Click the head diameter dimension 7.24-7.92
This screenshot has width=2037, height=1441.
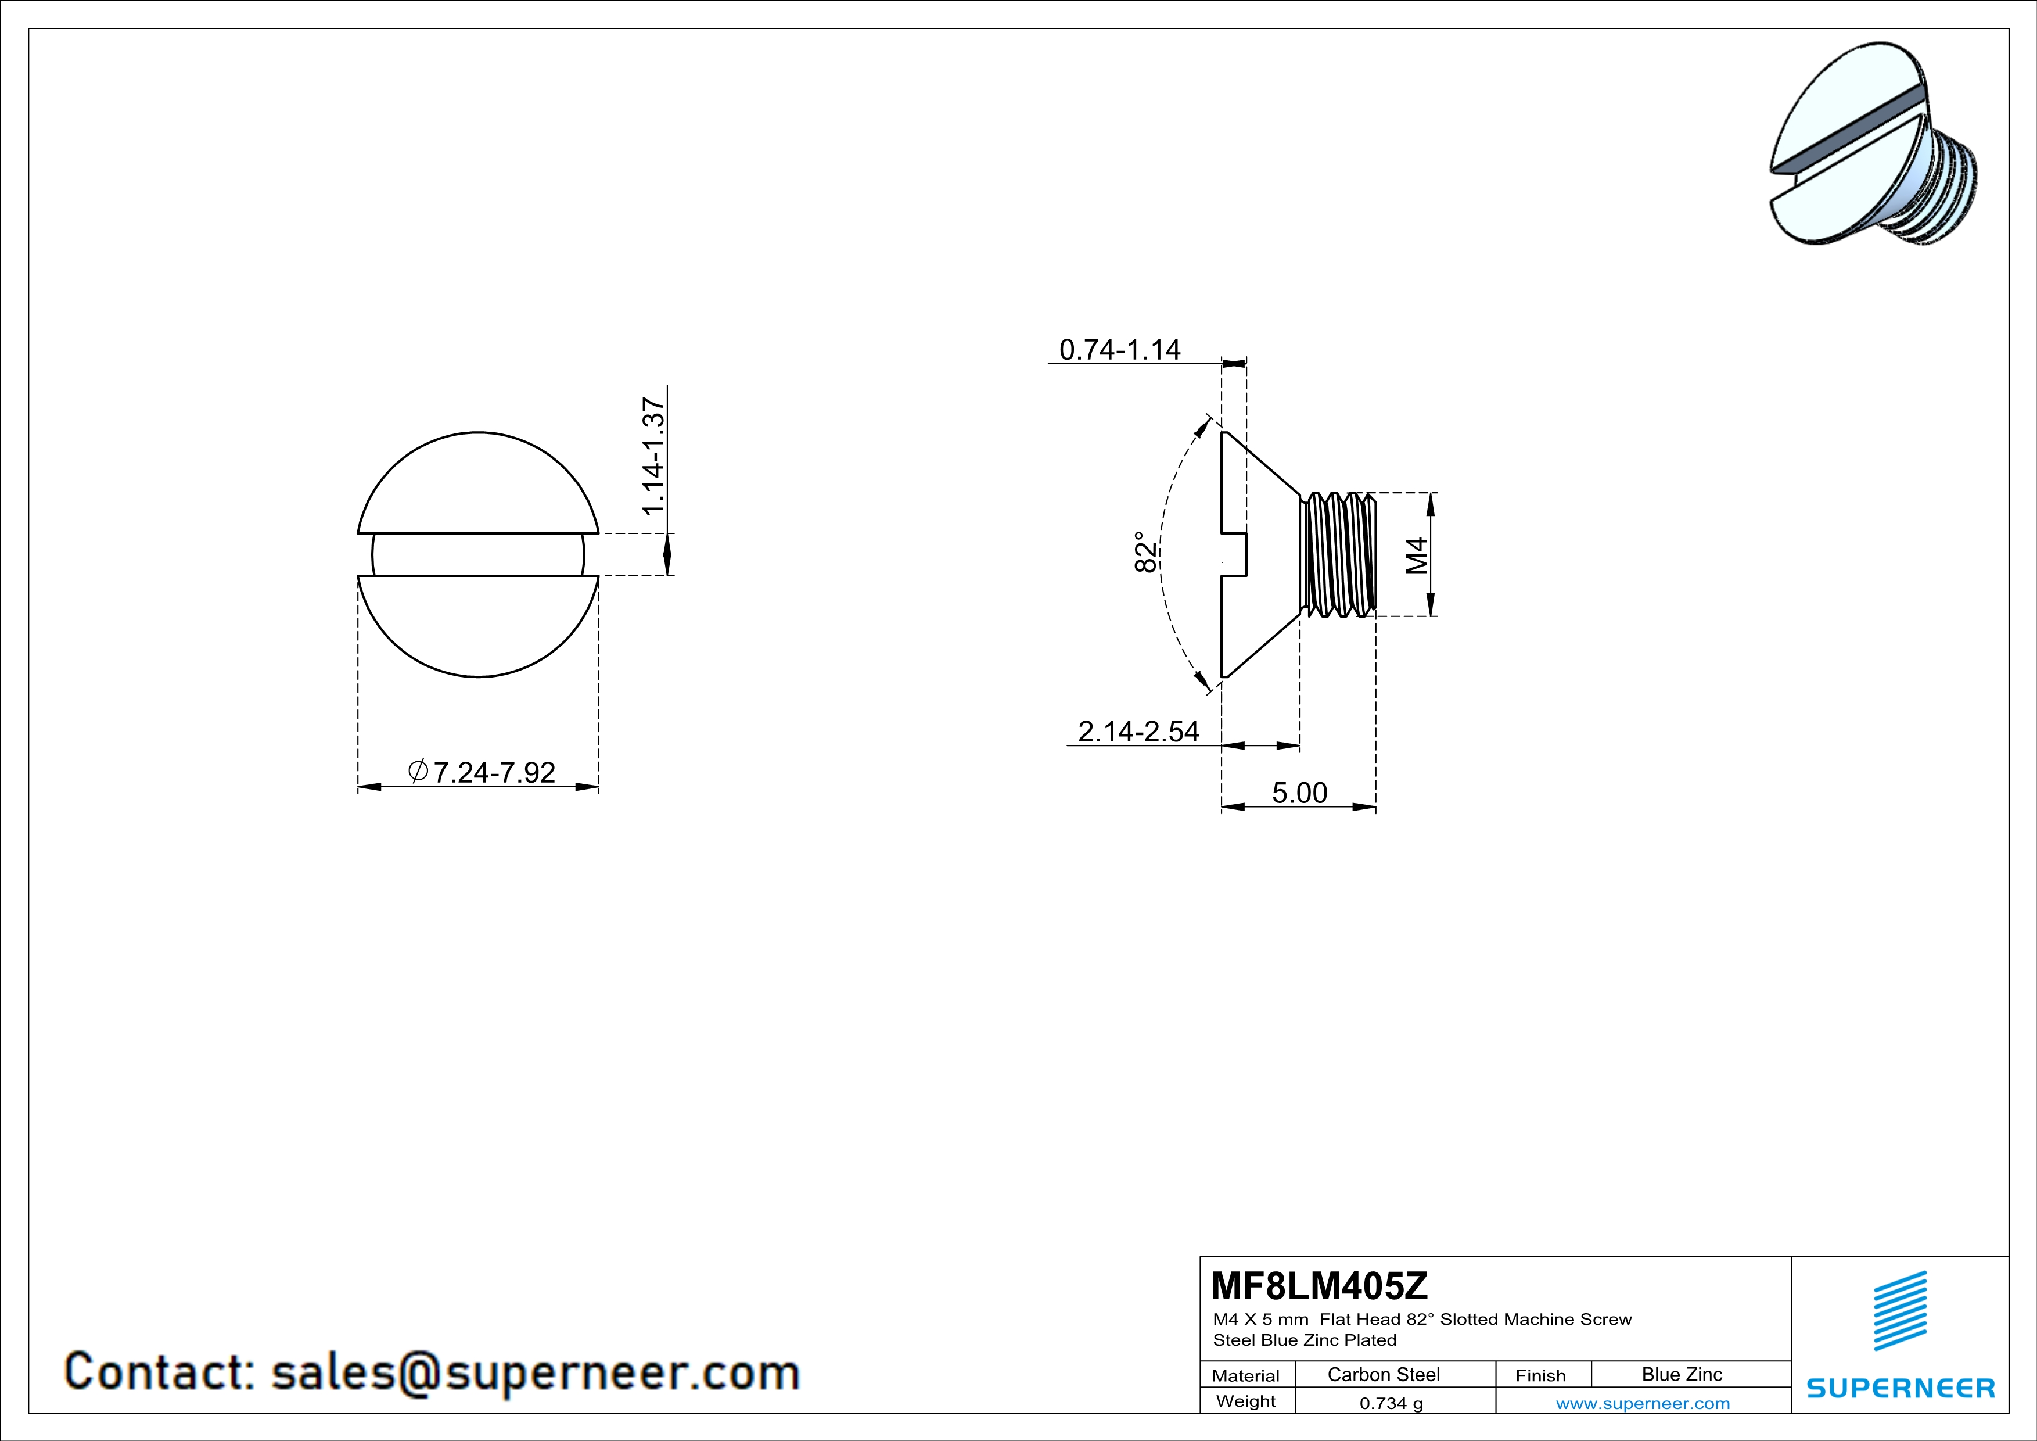tap(482, 772)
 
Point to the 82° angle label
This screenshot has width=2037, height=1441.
tap(1146, 552)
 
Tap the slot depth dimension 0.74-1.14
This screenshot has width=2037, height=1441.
tap(1120, 350)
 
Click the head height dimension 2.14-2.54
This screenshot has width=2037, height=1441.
tap(1138, 731)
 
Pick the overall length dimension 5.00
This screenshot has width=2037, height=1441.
tap(1300, 793)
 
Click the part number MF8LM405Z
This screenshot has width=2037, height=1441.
tap(1319, 1285)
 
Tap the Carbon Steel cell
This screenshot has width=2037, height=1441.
tap(1383, 1374)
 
